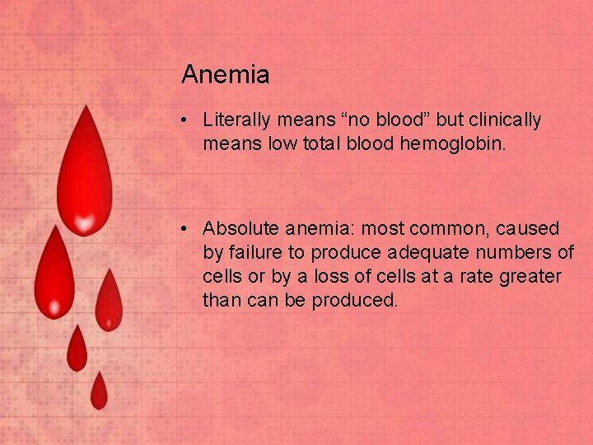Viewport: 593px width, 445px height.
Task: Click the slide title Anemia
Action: (x=225, y=75)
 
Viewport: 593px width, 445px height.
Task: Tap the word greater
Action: (x=529, y=276)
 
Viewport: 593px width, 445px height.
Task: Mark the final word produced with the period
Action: (x=354, y=300)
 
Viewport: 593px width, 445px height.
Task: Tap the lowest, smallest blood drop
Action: (x=99, y=391)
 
